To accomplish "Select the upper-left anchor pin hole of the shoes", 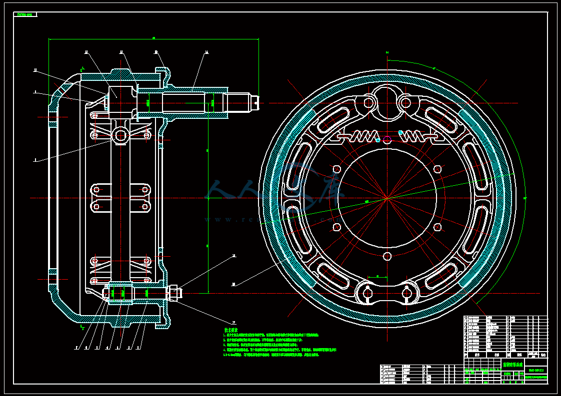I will [x=369, y=102].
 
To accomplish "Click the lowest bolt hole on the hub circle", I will [x=387, y=256].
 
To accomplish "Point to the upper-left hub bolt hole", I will [x=336, y=169].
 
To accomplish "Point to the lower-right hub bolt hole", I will [x=437, y=227].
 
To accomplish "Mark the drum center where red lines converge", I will [x=387, y=198].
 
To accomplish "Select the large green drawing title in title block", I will [x=512, y=365].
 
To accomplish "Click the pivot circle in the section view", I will [x=121, y=135].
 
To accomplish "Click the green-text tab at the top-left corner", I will [x=25, y=14].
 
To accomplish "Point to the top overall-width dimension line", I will [x=153, y=38].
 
